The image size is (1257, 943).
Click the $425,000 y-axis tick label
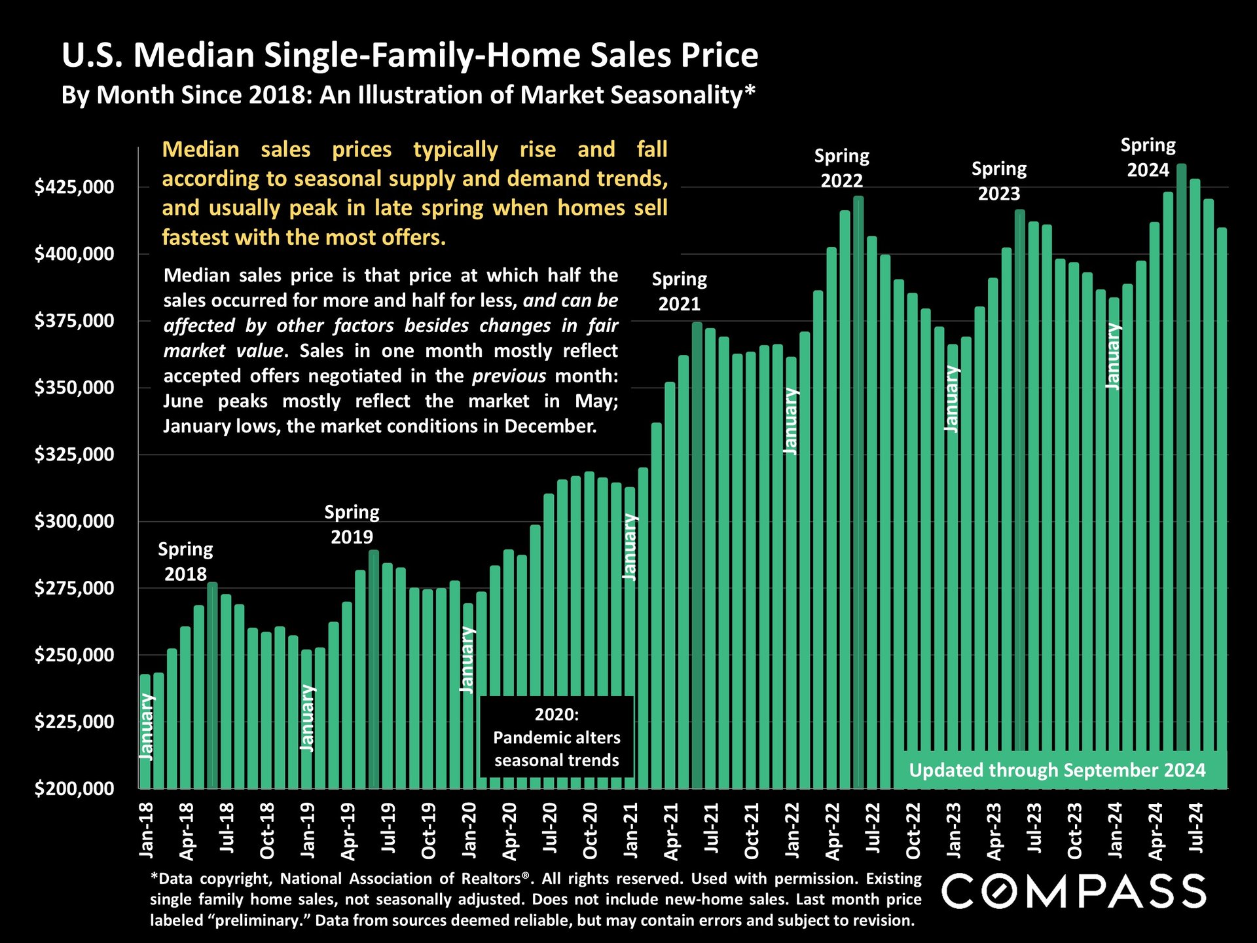[x=74, y=187]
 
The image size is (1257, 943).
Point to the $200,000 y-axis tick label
[x=74, y=788]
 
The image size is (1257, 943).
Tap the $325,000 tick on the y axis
[x=74, y=454]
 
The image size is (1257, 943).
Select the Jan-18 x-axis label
[x=147, y=830]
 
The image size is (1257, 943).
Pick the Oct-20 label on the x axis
[x=591, y=830]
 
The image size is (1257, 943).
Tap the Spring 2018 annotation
[x=185, y=561]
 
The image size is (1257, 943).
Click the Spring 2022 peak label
[x=841, y=168]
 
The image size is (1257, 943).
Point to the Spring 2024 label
[x=1148, y=157]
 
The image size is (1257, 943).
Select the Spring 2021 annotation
[x=679, y=291]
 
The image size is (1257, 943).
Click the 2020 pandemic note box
[x=556, y=737]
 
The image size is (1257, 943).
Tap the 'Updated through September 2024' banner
[x=1057, y=770]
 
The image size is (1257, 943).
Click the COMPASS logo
[x=1074, y=891]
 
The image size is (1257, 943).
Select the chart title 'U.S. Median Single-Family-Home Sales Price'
[x=410, y=55]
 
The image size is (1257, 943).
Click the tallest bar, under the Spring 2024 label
[x=1181, y=458]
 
